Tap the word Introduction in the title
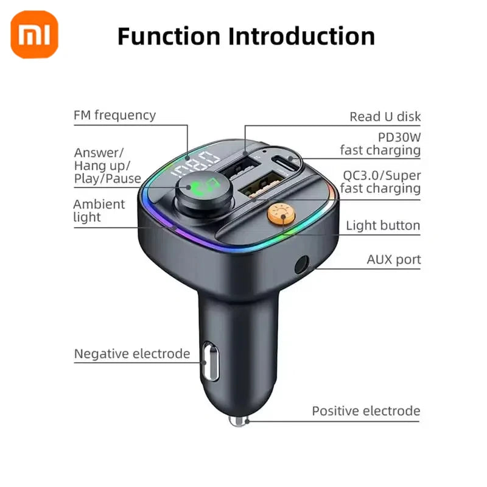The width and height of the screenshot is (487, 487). pos(301,36)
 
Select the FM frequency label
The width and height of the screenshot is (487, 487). pos(114,115)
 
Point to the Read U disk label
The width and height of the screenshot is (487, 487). pos(385,117)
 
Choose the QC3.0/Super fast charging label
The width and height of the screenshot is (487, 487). pos(381,182)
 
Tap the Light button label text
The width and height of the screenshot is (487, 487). pos(383,226)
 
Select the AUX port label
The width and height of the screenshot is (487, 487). pos(393,260)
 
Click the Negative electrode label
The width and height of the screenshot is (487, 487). pos(132,354)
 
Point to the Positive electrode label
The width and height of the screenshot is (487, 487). pos(366,411)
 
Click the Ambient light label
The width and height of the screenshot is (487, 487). pos(99,211)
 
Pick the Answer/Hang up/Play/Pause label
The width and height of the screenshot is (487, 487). pos(107,166)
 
